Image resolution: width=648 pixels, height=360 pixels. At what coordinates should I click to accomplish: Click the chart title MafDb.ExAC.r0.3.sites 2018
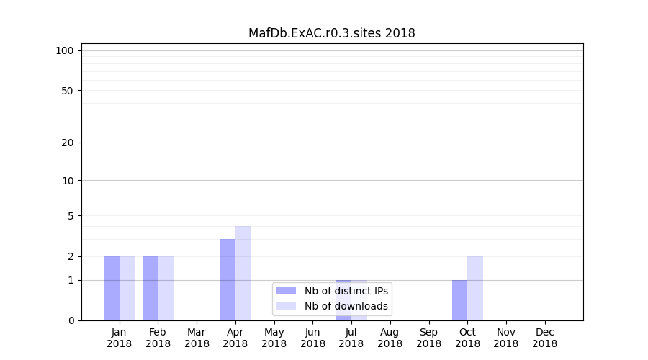tap(331, 33)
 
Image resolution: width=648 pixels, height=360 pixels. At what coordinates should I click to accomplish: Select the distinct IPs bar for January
tap(112, 288)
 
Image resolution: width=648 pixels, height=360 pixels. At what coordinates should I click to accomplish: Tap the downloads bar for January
tap(127, 288)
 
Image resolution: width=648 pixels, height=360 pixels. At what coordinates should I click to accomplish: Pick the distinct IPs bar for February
tap(150, 288)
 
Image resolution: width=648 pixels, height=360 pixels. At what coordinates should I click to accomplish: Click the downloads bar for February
tap(166, 288)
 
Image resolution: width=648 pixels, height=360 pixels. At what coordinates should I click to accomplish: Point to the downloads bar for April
tap(243, 273)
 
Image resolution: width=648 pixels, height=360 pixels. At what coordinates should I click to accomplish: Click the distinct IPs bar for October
tap(459, 300)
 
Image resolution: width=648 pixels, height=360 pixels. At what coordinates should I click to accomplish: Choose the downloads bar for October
tap(475, 288)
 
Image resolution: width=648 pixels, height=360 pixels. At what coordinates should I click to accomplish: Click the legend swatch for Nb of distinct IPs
tap(286, 291)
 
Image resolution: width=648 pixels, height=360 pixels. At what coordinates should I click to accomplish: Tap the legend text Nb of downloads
tap(346, 306)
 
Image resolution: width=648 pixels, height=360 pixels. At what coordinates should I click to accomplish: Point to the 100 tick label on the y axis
tap(65, 50)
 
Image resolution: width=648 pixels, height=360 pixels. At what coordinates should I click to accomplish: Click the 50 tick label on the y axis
tap(68, 91)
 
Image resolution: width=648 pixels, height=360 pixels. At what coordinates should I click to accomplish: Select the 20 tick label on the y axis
tap(68, 143)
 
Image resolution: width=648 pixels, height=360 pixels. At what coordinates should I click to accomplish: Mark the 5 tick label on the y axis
tap(71, 215)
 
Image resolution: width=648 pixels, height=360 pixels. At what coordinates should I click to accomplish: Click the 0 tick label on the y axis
tap(71, 320)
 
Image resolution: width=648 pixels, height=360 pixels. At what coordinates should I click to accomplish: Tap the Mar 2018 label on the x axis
tap(197, 338)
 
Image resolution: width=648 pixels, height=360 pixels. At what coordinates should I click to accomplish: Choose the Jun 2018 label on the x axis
tap(312, 338)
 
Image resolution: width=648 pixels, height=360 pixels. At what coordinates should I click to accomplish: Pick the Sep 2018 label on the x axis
tap(428, 338)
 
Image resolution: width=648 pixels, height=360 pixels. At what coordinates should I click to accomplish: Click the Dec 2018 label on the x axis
tap(544, 338)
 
